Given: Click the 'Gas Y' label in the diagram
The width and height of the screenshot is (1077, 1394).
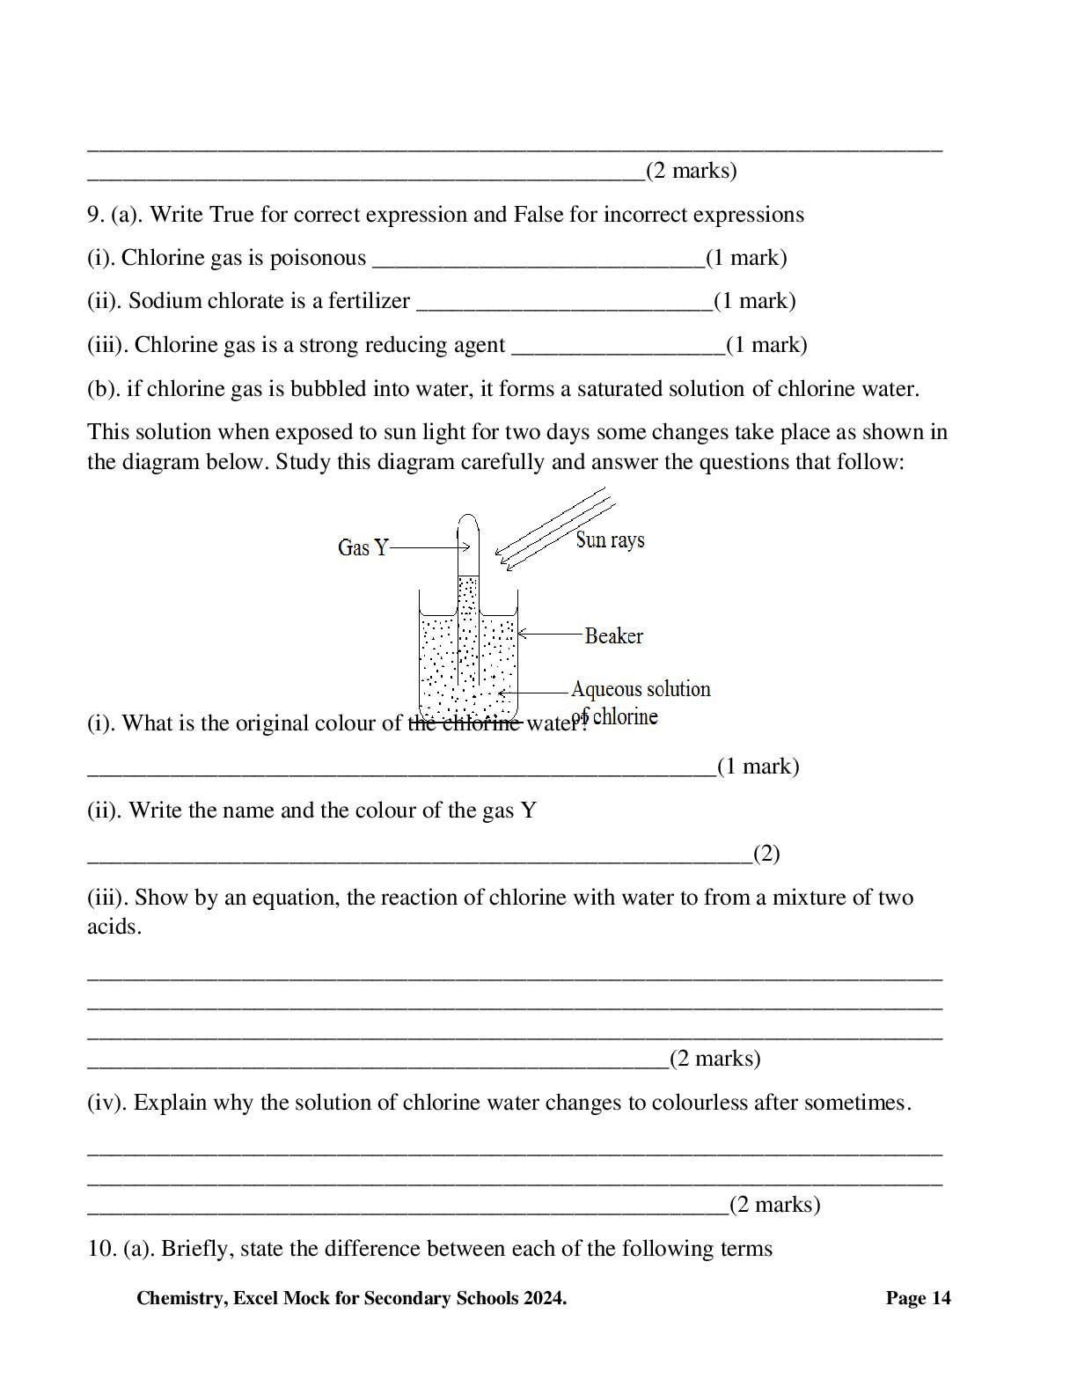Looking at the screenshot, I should pos(362,547).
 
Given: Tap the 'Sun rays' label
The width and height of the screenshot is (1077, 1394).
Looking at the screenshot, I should pos(610,539).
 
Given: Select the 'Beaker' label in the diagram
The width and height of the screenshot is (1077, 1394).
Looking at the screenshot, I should pos(613,635).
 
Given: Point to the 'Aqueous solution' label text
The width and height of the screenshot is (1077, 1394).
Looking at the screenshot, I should pos(640,688).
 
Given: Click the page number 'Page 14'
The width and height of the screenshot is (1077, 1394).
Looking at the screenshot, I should pos(918,1298).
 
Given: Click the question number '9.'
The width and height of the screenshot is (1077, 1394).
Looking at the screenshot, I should pos(95,215).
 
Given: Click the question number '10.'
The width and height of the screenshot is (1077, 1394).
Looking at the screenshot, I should pos(101,1249).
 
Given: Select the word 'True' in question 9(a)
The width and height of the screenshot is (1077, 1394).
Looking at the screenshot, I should pos(231,215).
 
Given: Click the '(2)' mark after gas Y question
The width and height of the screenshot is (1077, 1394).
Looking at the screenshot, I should pos(766,854).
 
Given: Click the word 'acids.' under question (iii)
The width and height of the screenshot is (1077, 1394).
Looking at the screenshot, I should pos(114,927).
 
